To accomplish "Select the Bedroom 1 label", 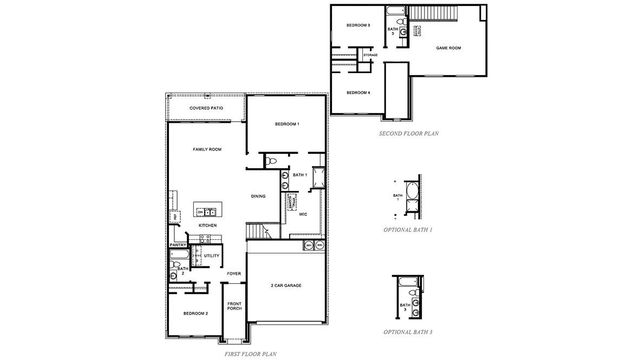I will pyautogui.click(x=287, y=123).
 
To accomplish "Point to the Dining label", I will pyautogui.click(x=258, y=196).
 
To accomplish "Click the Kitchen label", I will pyautogui.click(x=207, y=226).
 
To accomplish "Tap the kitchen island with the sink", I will pyautogui.click(x=208, y=211).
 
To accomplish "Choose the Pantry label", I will pyautogui.click(x=179, y=243).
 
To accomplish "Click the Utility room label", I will pyautogui.click(x=211, y=256).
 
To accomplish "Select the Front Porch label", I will pyautogui.click(x=234, y=306).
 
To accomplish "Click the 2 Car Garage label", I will pyautogui.click(x=286, y=286).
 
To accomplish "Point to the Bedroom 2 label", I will pyautogui.click(x=194, y=313).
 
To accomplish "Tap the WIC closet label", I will pyautogui.click(x=302, y=213).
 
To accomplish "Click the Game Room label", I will pyautogui.click(x=448, y=47).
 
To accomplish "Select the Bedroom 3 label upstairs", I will pyautogui.click(x=358, y=24).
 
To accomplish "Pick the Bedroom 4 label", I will pyautogui.click(x=358, y=92).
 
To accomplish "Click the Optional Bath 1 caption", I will pyautogui.click(x=408, y=229).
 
